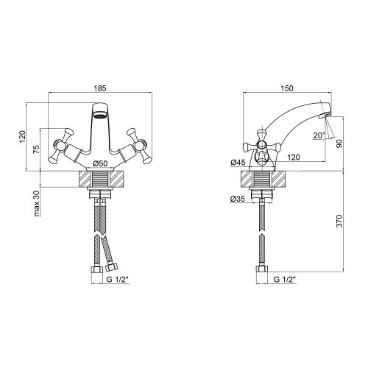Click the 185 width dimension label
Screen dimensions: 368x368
tap(99, 86)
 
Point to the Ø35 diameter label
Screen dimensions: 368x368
tap(238, 198)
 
